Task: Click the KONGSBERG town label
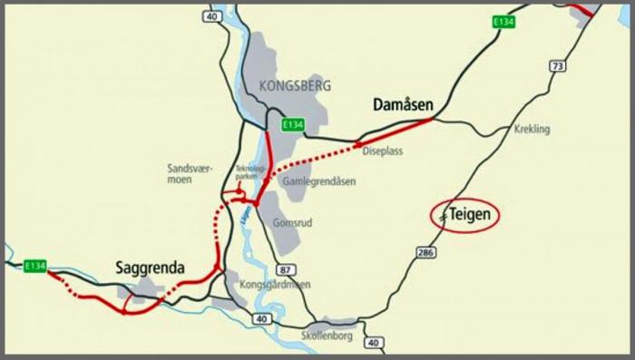click(295, 86)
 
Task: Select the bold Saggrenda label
click(151, 268)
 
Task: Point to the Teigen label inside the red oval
click(470, 215)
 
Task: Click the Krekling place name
click(532, 130)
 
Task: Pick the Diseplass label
click(382, 151)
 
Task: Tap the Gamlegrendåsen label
click(319, 181)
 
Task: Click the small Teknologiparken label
click(249, 172)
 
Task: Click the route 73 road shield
click(557, 66)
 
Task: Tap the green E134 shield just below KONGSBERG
click(292, 124)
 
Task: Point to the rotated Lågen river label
click(245, 216)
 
